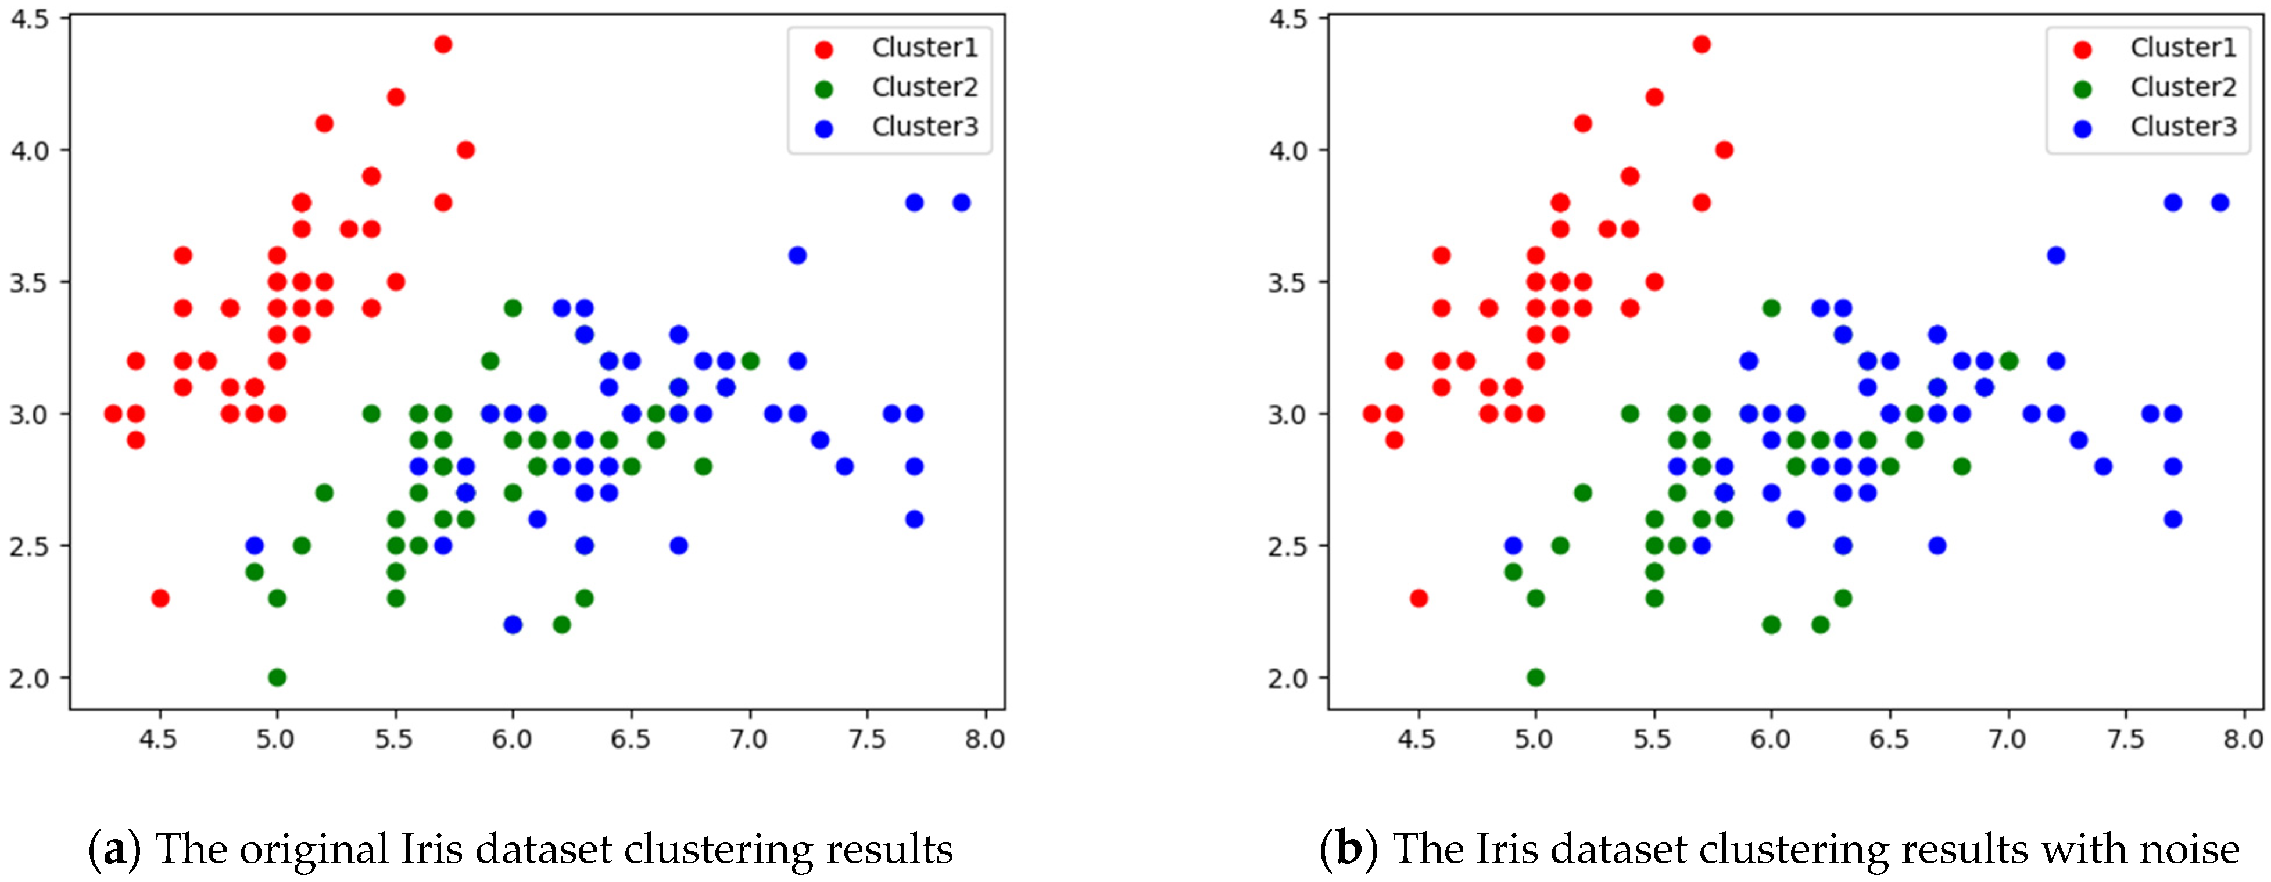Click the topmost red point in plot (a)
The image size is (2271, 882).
tap(443, 44)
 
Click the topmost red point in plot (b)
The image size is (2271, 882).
tap(1702, 44)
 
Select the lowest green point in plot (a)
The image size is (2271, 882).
tap(277, 677)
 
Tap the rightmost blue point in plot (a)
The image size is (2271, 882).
tap(962, 203)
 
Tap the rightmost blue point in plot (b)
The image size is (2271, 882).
tap(2220, 203)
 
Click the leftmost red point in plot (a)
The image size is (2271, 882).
tap(113, 413)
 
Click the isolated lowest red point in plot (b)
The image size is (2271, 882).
tap(1419, 598)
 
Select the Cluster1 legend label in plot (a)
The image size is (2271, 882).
tap(925, 48)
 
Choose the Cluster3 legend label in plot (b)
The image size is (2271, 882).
tap(2183, 127)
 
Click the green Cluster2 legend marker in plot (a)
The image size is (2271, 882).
tap(824, 89)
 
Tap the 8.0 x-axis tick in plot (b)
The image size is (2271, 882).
tap(2243, 738)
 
